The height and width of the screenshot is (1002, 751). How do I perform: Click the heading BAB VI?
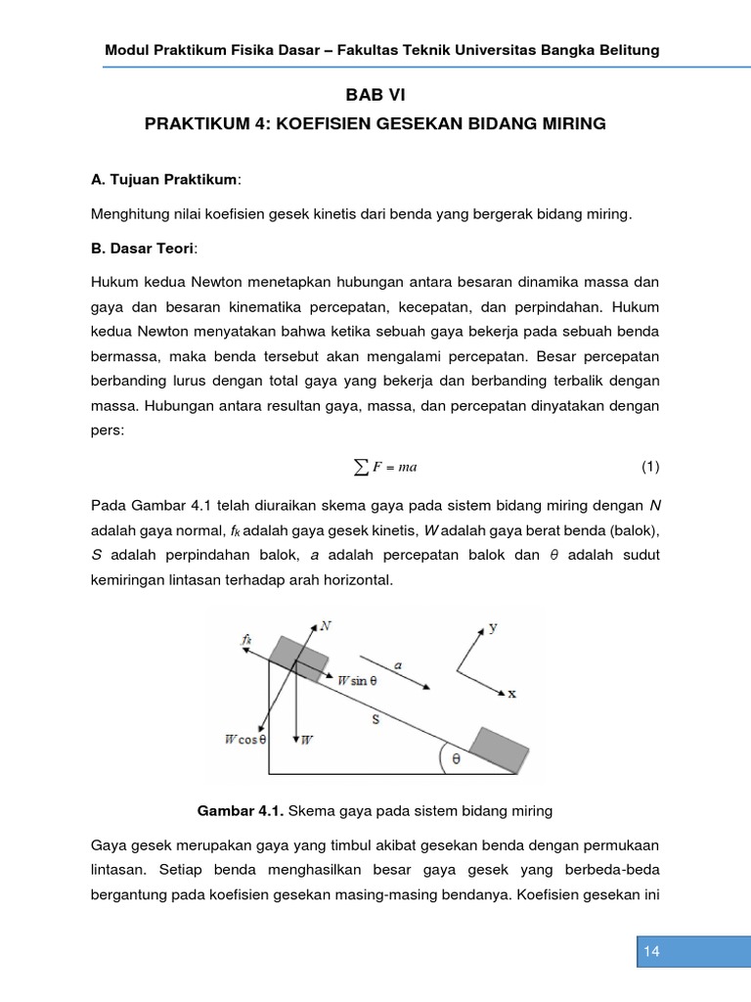[x=375, y=95]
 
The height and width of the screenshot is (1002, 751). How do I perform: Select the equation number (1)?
[x=651, y=467]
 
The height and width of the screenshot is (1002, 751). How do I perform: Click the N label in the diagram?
[x=325, y=624]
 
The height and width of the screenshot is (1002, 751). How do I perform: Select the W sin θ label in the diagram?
[x=364, y=679]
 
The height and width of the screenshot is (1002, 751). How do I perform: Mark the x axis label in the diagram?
[x=511, y=693]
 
